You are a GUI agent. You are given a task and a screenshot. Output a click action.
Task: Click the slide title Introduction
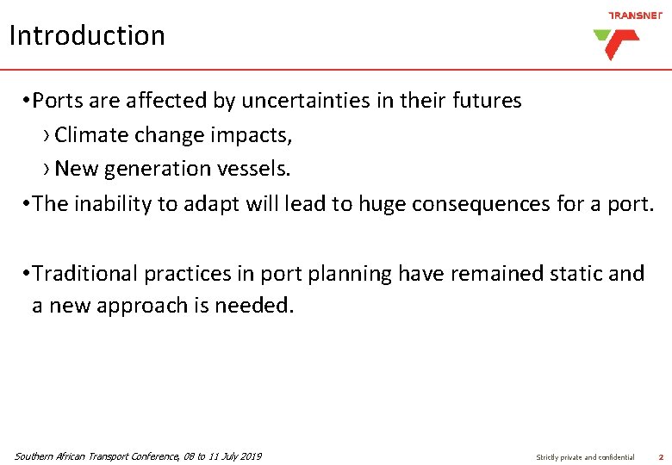[x=87, y=36]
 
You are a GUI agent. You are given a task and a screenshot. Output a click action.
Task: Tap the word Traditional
[x=90, y=274]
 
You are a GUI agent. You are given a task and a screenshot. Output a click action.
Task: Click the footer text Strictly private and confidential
[x=585, y=457]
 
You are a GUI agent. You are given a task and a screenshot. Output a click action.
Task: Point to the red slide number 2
[x=661, y=457]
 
